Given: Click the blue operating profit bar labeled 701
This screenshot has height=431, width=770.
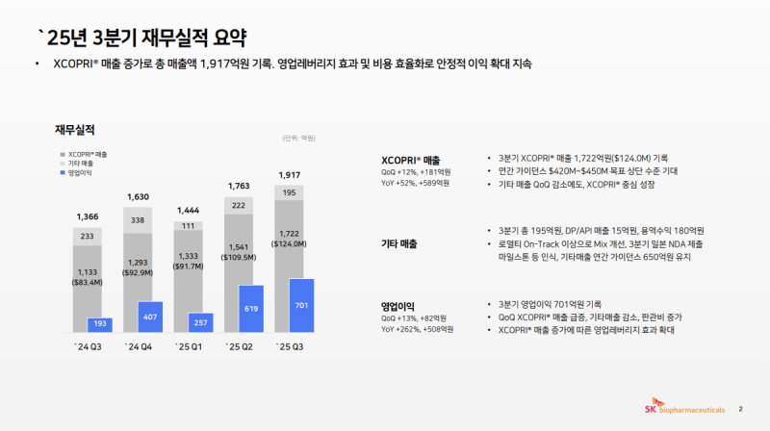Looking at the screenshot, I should [x=301, y=305].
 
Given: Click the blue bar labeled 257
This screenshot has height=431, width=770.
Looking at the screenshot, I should [x=199, y=322].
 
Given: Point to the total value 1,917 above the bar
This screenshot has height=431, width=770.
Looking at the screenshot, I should [x=288, y=174].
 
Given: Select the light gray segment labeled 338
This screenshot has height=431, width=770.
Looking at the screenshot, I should [x=137, y=220].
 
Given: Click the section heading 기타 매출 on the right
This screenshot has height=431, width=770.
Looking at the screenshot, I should [x=403, y=243].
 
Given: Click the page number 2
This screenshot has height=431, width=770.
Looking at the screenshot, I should [x=740, y=406].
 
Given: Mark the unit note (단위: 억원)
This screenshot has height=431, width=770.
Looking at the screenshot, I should [x=299, y=139].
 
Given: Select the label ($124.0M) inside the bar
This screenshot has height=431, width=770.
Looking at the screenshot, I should [x=288, y=244].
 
